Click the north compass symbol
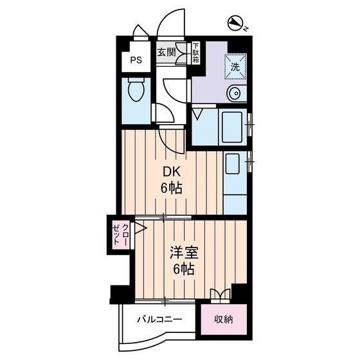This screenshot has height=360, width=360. [x=235, y=23]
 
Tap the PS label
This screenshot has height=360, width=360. [x=136, y=60]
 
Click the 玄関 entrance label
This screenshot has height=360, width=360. [x=166, y=52]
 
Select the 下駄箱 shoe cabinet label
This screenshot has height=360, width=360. [x=196, y=52]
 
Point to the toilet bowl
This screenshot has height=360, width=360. [x=136, y=90]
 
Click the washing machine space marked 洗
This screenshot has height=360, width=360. [x=235, y=67]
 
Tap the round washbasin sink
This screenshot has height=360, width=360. [x=235, y=93]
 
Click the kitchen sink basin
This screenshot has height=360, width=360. [x=233, y=164]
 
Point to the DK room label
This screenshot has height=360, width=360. [x=172, y=172]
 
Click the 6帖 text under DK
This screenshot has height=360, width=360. [x=171, y=189]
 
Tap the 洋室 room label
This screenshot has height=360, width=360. [x=184, y=253]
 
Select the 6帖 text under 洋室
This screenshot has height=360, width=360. [x=184, y=269]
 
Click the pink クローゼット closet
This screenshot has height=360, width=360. [x=121, y=235]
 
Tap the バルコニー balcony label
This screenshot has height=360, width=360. [x=159, y=319]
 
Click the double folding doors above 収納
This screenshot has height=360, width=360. [x=221, y=294]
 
